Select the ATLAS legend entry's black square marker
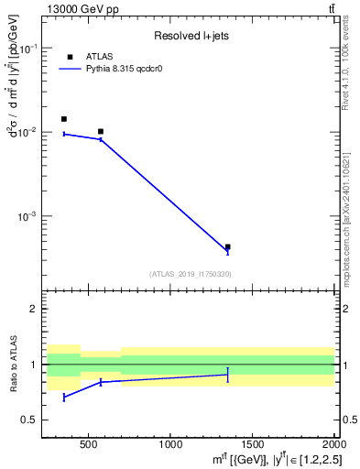70,57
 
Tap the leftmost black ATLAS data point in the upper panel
64,119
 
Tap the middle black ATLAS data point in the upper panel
101,132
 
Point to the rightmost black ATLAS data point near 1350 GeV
227,246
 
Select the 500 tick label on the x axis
88,444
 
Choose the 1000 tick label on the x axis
170,444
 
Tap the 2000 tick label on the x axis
332,444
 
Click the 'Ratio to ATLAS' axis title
13,364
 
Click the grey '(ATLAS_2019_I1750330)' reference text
190,274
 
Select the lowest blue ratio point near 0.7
64,398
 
